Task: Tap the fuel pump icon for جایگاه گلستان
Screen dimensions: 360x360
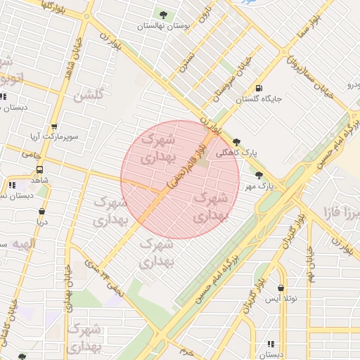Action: click(x=259, y=89)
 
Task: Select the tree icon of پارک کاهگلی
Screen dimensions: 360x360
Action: click(x=236, y=141)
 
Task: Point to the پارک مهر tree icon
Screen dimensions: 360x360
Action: click(x=259, y=176)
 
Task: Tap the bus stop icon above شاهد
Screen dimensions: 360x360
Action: click(x=39, y=169)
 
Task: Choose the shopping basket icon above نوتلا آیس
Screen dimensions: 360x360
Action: click(x=281, y=288)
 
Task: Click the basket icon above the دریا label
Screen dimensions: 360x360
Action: click(x=42, y=210)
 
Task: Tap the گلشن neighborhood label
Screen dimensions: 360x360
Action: click(x=91, y=95)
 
